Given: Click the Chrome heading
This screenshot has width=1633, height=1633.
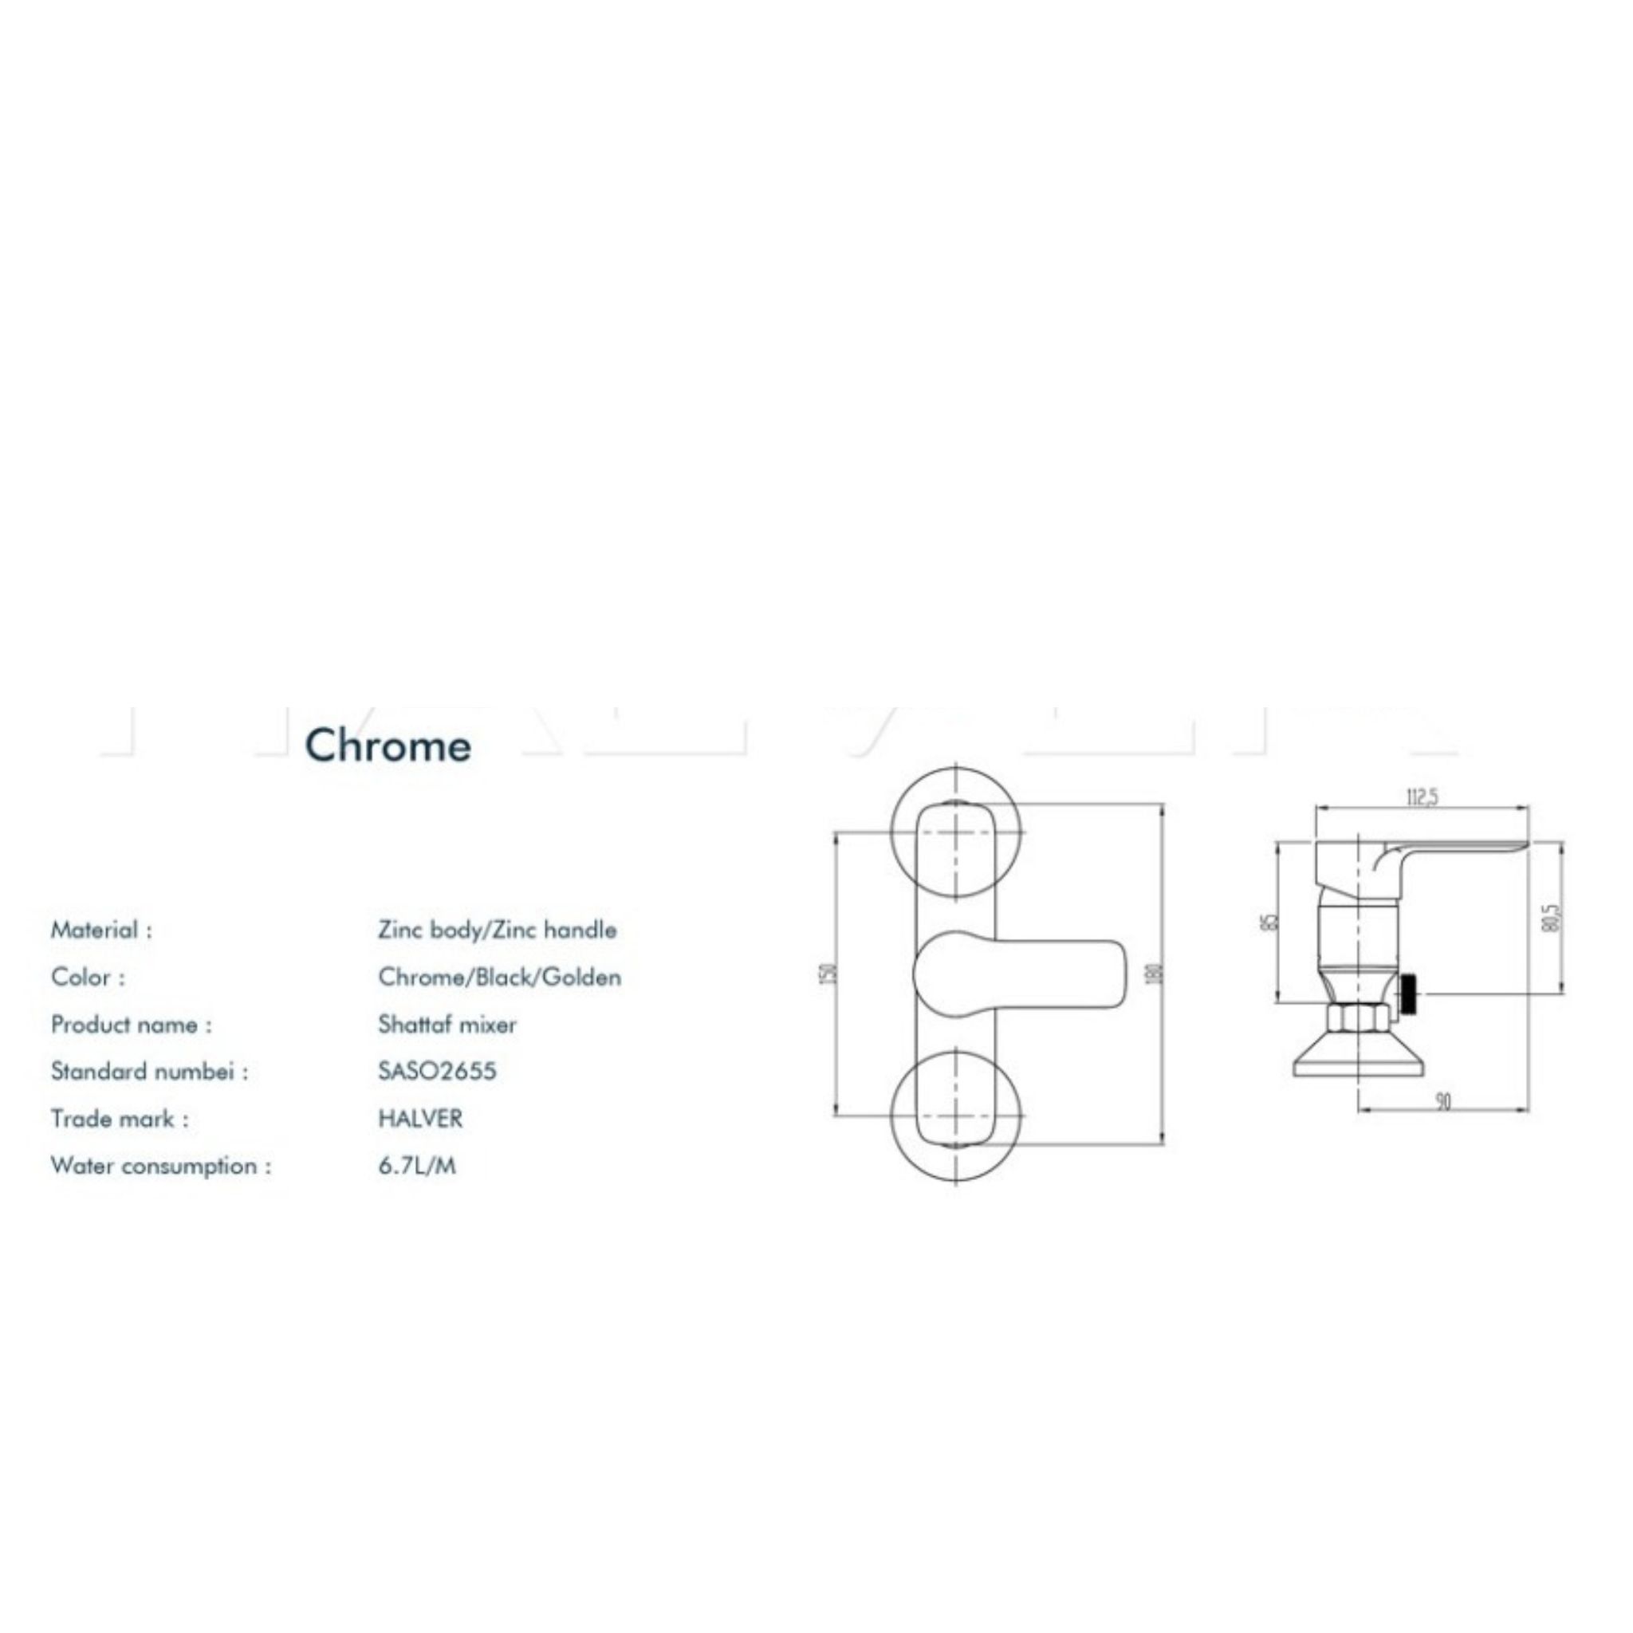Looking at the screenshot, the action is tap(388, 746).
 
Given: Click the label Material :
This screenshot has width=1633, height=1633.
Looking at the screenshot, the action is tap(101, 930).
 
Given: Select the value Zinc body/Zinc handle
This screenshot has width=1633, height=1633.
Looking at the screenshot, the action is tap(497, 930).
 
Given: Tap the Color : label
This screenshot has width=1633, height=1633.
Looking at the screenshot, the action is tap(88, 977).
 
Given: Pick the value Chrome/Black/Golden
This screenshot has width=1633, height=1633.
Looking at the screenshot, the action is tap(499, 977).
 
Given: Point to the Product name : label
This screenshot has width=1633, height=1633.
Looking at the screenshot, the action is tap(131, 1025).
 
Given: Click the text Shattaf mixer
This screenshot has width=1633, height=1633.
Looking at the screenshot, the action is tap(447, 1025).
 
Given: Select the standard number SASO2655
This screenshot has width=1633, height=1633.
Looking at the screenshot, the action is tap(437, 1071).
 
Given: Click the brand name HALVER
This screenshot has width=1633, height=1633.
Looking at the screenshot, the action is tap(420, 1118).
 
